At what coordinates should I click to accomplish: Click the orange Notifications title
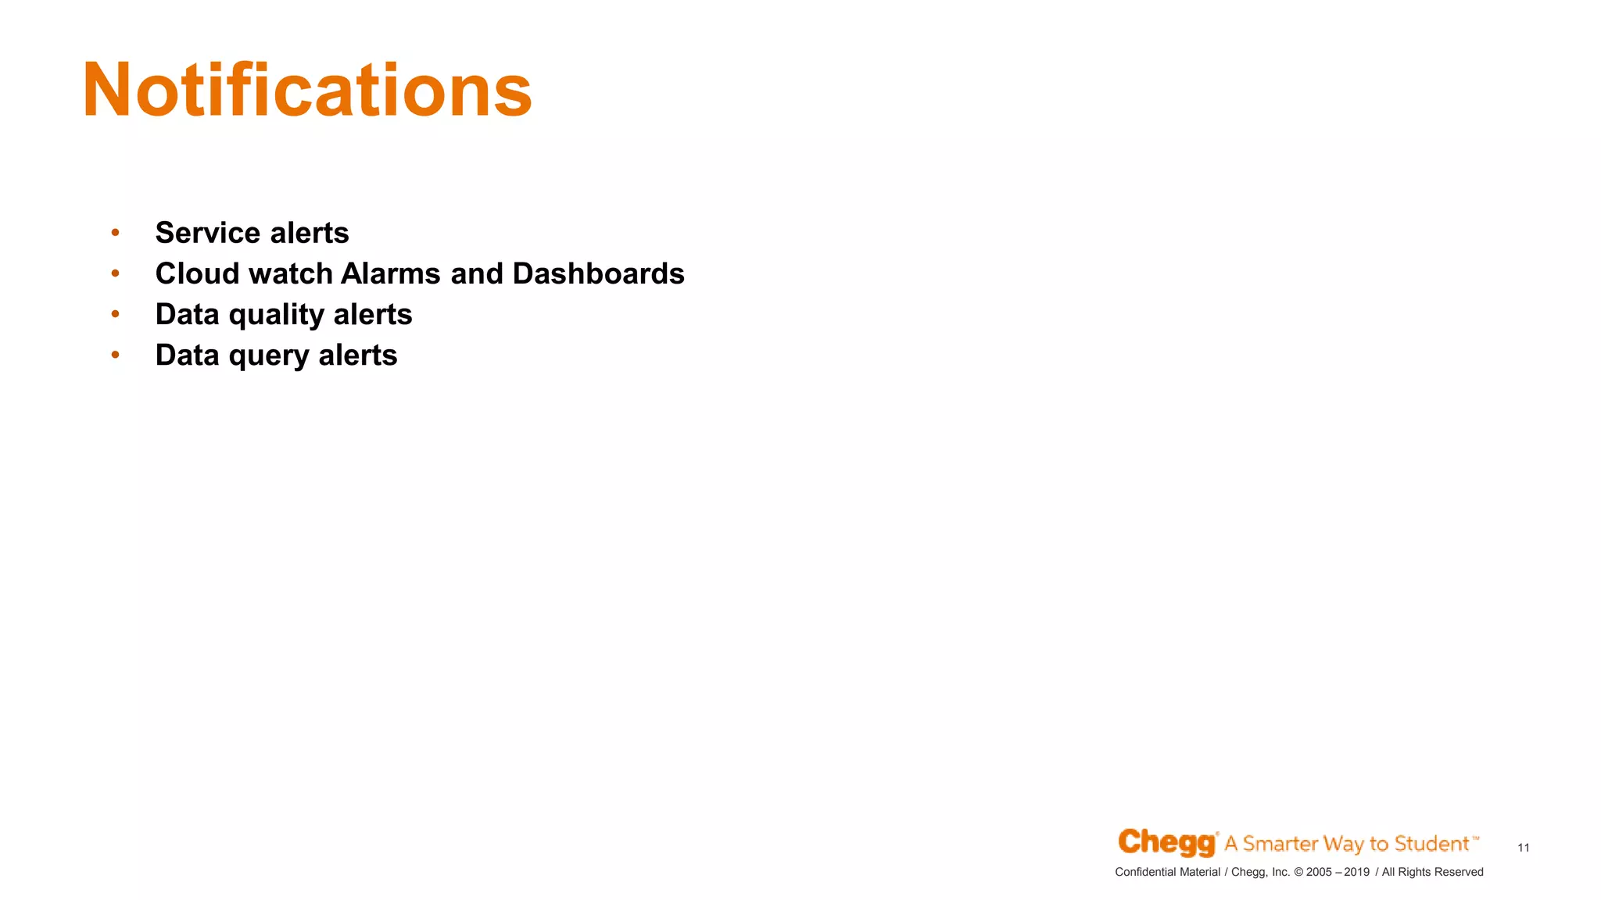(306, 91)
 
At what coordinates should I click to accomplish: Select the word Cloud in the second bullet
(197, 273)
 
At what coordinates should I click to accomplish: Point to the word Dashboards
(598, 273)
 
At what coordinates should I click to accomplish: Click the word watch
(291, 273)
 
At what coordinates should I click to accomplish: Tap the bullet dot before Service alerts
(115, 233)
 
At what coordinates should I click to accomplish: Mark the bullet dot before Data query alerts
(115, 355)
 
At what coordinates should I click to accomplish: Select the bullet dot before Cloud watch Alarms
(115, 273)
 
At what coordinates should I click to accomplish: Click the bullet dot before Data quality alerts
(115, 314)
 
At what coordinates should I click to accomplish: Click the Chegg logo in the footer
(1166, 843)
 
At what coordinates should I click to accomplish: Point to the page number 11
(1523, 848)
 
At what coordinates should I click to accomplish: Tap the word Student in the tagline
(1431, 844)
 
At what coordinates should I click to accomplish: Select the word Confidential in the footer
(1146, 872)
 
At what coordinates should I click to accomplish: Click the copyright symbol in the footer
(1298, 872)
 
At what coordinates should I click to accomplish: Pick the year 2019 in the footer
(1356, 872)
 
